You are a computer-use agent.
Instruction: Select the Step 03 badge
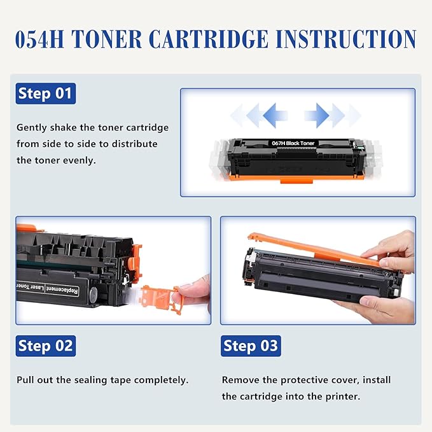pos(251,346)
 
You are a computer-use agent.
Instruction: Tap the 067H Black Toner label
pos(298,144)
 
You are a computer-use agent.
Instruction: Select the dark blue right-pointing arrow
pos(317,115)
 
